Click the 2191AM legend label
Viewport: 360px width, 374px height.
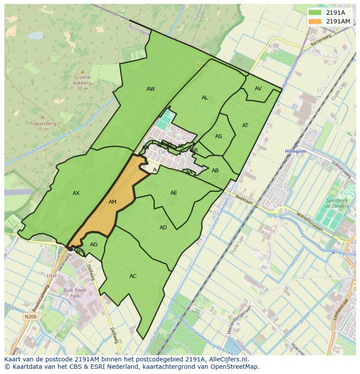click(x=338, y=21)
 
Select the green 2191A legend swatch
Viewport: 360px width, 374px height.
click(x=315, y=13)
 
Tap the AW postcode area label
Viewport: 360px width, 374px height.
click(x=150, y=89)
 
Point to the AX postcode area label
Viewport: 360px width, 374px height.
click(x=76, y=193)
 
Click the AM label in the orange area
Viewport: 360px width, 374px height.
click(x=113, y=202)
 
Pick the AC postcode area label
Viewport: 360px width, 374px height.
click(x=133, y=276)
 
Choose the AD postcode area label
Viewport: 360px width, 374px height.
click(x=163, y=228)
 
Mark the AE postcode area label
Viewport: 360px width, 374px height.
click(x=173, y=193)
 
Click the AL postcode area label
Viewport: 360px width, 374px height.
click(x=205, y=98)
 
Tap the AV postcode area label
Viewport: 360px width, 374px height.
click(x=258, y=89)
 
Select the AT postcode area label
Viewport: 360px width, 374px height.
click(x=245, y=126)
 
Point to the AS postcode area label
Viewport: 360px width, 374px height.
click(x=219, y=136)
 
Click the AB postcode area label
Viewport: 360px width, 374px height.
click(x=215, y=171)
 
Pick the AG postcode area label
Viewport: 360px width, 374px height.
click(x=93, y=245)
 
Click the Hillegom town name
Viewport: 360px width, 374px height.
click(x=296, y=151)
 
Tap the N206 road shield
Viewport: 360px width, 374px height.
click(x=30, y=317)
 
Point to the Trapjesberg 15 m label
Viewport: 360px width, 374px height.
click(x=43, y=126)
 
